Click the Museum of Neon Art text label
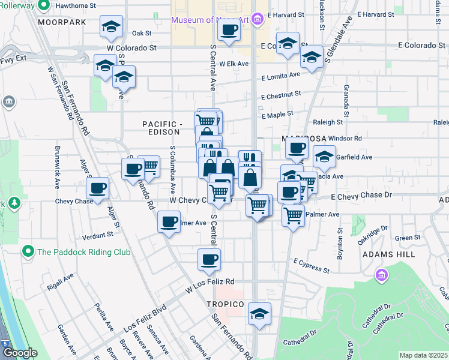209,20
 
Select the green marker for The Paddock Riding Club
27,251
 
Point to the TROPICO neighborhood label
226,304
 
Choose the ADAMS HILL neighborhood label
388,254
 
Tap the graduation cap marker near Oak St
111,27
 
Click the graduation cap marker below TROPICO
259,314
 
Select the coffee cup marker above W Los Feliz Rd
209,260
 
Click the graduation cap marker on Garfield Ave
324,157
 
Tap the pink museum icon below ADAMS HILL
381,275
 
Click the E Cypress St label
311,266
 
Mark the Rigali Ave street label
60,282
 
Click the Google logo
20,353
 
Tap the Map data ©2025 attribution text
424,355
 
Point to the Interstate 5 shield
5,343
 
